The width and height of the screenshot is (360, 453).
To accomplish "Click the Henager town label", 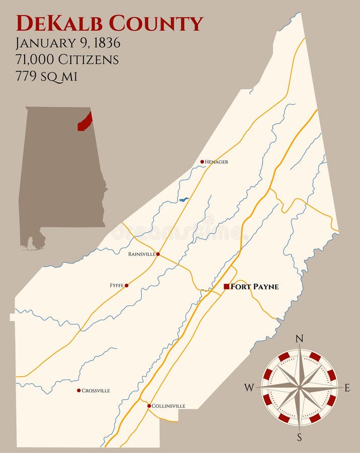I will (x=216, y=162).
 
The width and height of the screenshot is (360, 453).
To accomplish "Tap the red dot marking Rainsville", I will (x=158, y=254).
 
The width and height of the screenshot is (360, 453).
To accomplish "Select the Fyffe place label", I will (x=117, y=285).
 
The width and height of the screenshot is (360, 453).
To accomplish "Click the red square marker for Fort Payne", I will (x=227, y=286).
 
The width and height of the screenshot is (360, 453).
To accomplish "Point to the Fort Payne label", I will (x=254, y=287).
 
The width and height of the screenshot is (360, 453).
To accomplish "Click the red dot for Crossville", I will (x=78, y=390).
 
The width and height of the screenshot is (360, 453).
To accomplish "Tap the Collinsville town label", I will (x=168, y=406).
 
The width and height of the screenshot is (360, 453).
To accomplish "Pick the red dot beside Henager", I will (x=202, y=162).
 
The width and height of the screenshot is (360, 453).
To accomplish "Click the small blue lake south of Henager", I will (x=184, y=200).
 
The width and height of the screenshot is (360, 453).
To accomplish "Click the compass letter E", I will (x=347, y=388).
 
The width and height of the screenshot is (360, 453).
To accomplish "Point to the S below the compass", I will (x=300, y=437).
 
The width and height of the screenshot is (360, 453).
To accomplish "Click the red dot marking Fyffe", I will (x=127, y=285).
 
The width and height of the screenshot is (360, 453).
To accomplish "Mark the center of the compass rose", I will (x=300, y=387).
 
